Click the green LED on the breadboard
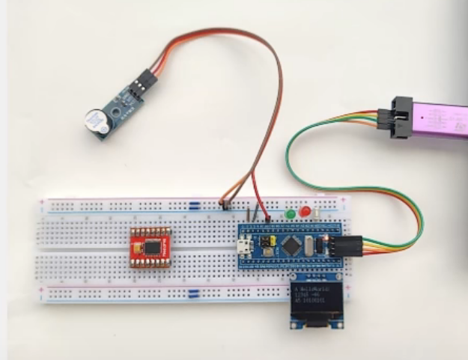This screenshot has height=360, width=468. point(290,215)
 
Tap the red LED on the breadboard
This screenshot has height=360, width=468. point(305,211)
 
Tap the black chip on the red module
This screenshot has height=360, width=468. point(153,246)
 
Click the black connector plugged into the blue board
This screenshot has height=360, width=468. point(348,245)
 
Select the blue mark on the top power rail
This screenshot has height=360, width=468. point(194,204)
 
